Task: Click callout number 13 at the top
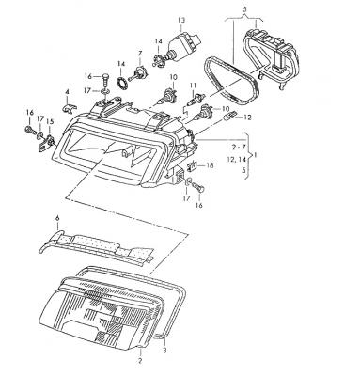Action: click(181, 21)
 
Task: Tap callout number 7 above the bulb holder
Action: click(140, 54)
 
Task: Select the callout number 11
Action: click(193, 85)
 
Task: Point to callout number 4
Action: click(67, 92)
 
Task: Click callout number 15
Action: click(50, 121)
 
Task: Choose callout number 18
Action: click(210, 165)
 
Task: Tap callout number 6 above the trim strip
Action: click(57, 218)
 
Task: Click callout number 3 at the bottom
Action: click(165, 350)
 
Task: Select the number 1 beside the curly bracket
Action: click(255, 155)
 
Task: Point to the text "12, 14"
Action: click(237, 159)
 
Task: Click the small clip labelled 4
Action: click(69, 108)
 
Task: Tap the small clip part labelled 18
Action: click(192, 165)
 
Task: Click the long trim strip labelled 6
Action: click(96, 247)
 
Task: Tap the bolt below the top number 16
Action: click(105, 81)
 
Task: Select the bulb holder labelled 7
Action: click(138, 73)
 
